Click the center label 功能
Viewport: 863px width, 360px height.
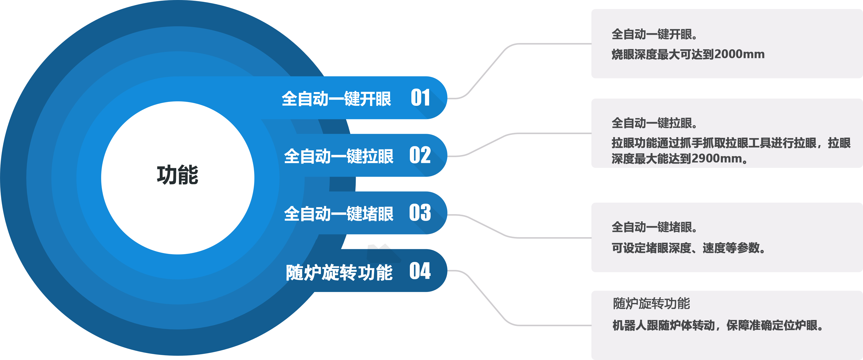pos(178,175)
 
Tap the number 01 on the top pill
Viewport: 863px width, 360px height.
pos(420,98)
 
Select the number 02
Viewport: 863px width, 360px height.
pos(420,155)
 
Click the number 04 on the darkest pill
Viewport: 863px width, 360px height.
pos(420,271)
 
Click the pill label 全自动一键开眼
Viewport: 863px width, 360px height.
pos(336,99)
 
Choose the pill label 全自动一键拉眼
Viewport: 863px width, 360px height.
pos(338,156)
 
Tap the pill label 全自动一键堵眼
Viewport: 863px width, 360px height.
pos(338,214)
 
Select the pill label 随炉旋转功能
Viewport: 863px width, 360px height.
pos(339,272)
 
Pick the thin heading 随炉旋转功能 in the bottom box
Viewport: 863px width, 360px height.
pos(651,303)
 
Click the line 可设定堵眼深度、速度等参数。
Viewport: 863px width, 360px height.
pos(688,248)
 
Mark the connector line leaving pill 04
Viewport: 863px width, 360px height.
pos(486,298)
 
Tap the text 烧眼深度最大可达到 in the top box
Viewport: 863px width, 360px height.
pos(663,54)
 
